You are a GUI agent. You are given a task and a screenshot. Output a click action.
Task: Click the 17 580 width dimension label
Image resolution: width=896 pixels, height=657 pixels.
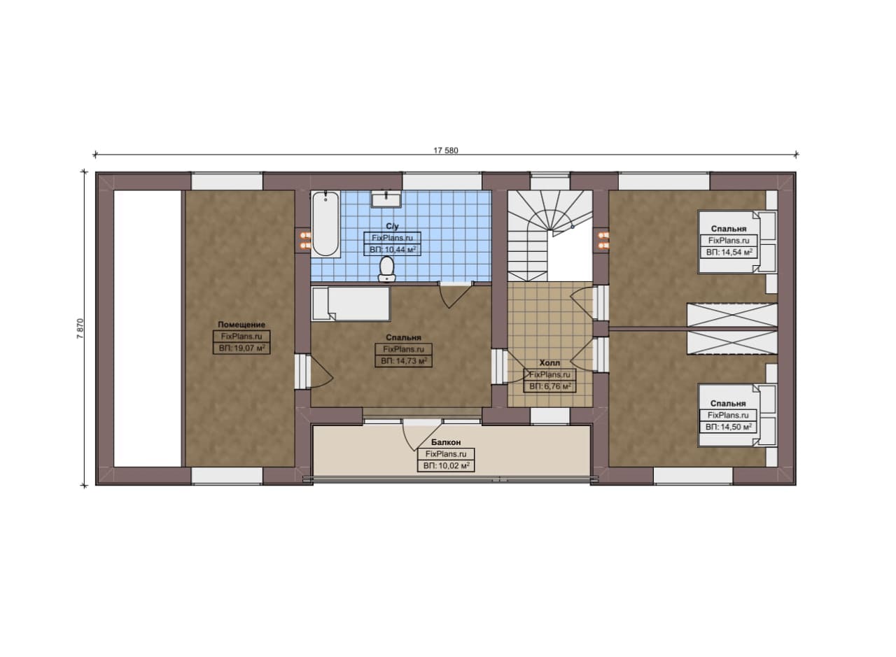tap(446, 150)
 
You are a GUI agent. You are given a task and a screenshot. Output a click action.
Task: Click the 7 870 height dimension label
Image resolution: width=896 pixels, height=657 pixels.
tap(80, 329)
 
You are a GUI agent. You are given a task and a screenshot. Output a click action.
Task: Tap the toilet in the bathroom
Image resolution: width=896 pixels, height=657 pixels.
tap(386, 269)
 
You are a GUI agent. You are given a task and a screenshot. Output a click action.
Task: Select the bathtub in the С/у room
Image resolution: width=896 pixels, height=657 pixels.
tap(326, 223)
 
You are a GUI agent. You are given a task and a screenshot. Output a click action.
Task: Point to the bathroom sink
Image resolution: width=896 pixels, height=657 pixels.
tap(386, 199)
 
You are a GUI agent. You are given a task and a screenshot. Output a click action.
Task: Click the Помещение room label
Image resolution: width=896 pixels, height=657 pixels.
tap(241, 325)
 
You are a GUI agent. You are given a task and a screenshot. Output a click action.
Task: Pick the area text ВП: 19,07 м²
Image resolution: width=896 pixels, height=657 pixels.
tap(241, 348)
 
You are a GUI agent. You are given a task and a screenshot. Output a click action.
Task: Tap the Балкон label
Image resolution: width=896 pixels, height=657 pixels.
tap(446, 442)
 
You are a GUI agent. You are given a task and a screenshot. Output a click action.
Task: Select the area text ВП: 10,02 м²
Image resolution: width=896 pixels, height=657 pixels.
tap(446, 466)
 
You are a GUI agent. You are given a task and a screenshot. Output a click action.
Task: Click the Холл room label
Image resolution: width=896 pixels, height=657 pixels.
tap(549, 363)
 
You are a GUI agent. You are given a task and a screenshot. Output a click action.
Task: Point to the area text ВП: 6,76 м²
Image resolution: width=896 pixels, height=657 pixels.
tap(549, 387)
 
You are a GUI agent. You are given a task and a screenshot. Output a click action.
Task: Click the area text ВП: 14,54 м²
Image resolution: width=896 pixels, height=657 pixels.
tap(729, 253)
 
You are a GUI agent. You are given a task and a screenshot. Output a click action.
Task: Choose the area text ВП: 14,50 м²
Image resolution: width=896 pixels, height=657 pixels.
tap(728, 427)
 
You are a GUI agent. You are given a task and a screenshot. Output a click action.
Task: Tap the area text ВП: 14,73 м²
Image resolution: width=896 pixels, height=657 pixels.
tap(404, 361)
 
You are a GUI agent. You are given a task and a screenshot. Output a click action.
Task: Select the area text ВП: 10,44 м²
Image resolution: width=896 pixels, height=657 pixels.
tap(393, 250)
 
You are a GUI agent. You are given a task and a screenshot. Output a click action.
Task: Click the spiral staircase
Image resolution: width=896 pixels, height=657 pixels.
tap(549, 236)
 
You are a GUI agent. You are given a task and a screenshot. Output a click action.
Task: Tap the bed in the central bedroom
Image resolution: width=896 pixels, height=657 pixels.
tap(351, 304)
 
